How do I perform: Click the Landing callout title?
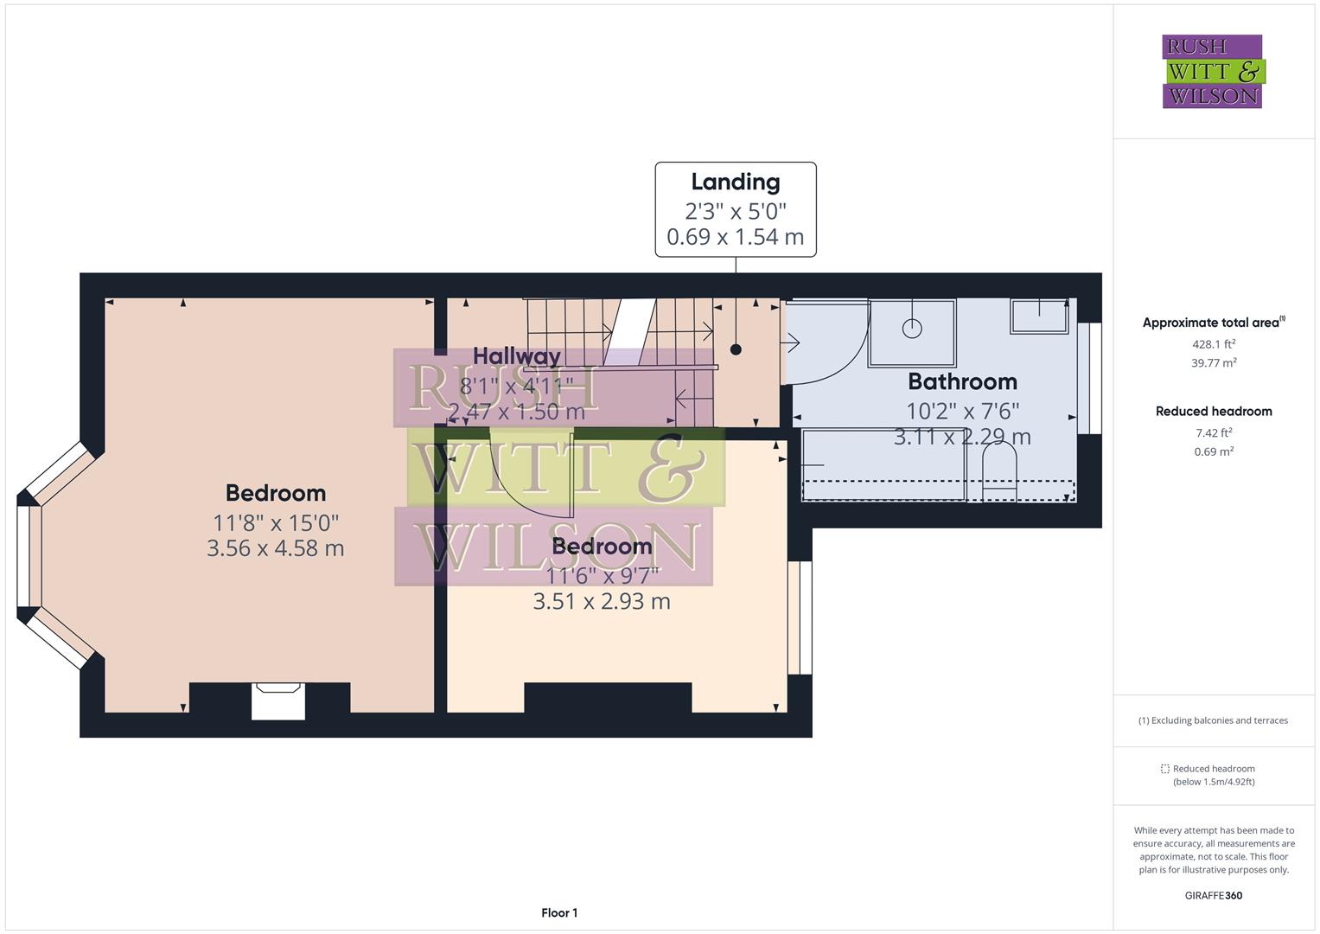(x=736, y=182)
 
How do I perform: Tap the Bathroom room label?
(x=962, y=381)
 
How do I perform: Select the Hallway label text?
(x=517, y=355)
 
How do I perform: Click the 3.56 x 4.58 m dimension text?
(x=276, y=548)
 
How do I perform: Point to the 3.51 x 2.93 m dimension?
(x=602, y=601)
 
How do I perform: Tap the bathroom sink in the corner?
(x=1040, y=316)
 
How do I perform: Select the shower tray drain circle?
(x=912, y=329)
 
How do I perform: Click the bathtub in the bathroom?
(x=883, y=464)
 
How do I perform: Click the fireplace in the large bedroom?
(x=278, y=700)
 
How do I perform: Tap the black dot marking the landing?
(x=736, y=349)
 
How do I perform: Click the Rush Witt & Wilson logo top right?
(x=1212, y=72)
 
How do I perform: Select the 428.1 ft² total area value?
(x=1214, y=343)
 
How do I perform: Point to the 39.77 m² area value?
(x=1214, y=363)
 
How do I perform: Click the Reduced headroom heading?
(x=1214, y=412)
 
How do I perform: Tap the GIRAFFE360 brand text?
(x=1214, y=895)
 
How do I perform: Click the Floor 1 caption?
(x=559, y=912)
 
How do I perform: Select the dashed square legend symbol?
(x=1164, y=768)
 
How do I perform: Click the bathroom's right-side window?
(x=1094, y=378)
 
